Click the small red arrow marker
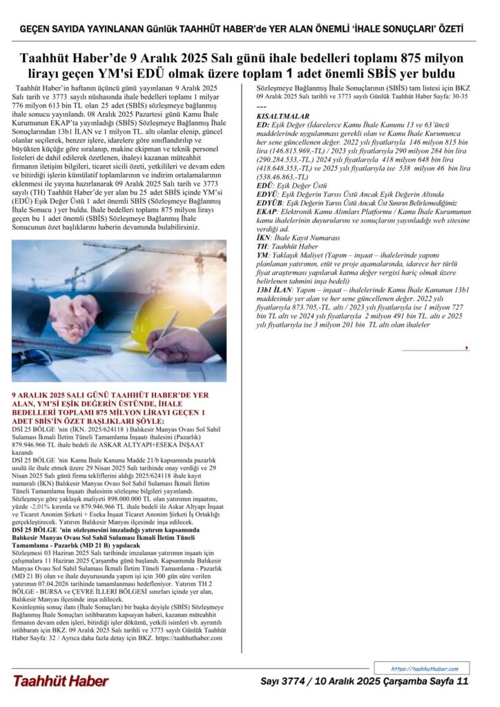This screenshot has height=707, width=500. tap(468, 347)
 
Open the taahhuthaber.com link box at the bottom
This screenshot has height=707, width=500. tap(421, 668)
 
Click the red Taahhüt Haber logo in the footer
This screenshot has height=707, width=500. tap(61, 681)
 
